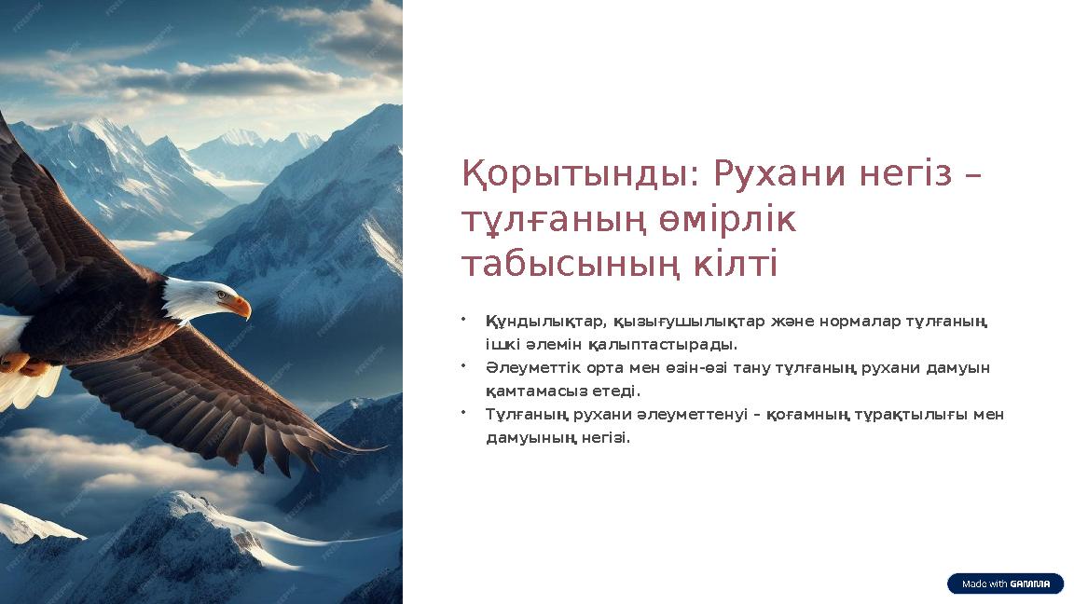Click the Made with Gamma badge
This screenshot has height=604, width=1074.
click(x=1005, y=583)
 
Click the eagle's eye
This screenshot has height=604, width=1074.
click(x=221, y=295)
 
